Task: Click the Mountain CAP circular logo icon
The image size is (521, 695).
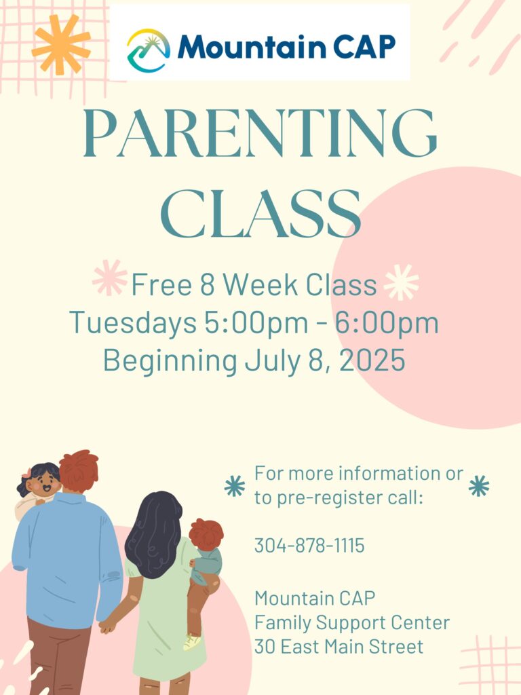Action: tap(149, 50)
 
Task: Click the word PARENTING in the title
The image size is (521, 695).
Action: tap(260, 133)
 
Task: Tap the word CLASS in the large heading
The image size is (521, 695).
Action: tap(260, 214)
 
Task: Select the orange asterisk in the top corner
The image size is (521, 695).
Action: tap(61, 44)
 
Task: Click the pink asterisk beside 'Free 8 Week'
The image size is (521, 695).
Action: tap(109, 278)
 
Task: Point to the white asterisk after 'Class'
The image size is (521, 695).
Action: tap(401, 282)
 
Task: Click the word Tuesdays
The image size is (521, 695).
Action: tap(133, 322)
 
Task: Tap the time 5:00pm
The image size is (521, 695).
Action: tap(256, 322)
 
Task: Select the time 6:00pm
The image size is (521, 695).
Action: tap(386, 322)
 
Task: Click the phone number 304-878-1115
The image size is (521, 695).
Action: tap(309, 545)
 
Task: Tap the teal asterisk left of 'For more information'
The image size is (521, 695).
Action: tap(234, 486)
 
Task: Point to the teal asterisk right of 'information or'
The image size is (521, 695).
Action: tap(479, 486)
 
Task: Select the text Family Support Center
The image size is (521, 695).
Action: tap(352, 623)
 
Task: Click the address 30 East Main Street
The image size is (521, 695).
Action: tap(339, 647)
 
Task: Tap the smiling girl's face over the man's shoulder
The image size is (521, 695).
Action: tap(43, 484)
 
